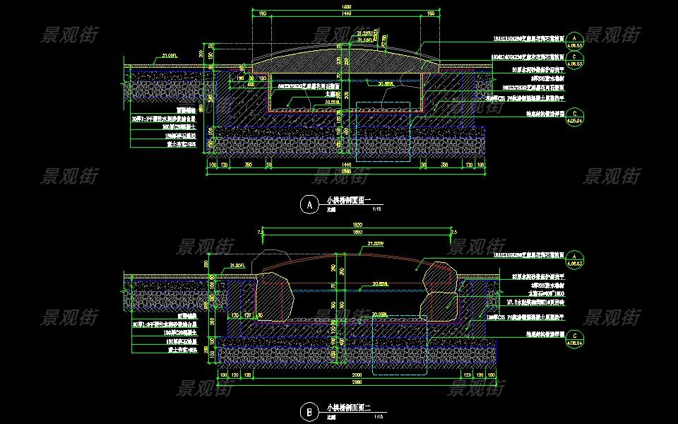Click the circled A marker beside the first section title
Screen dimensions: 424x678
[x=309, y=205]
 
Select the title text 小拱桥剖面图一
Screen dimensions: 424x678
[x=345, y=201]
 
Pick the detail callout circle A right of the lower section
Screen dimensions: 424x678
[x=575, y=255]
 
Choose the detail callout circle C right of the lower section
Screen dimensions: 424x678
[x=575, y=336]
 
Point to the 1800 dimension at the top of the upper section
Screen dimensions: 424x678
[x=347, y=7]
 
